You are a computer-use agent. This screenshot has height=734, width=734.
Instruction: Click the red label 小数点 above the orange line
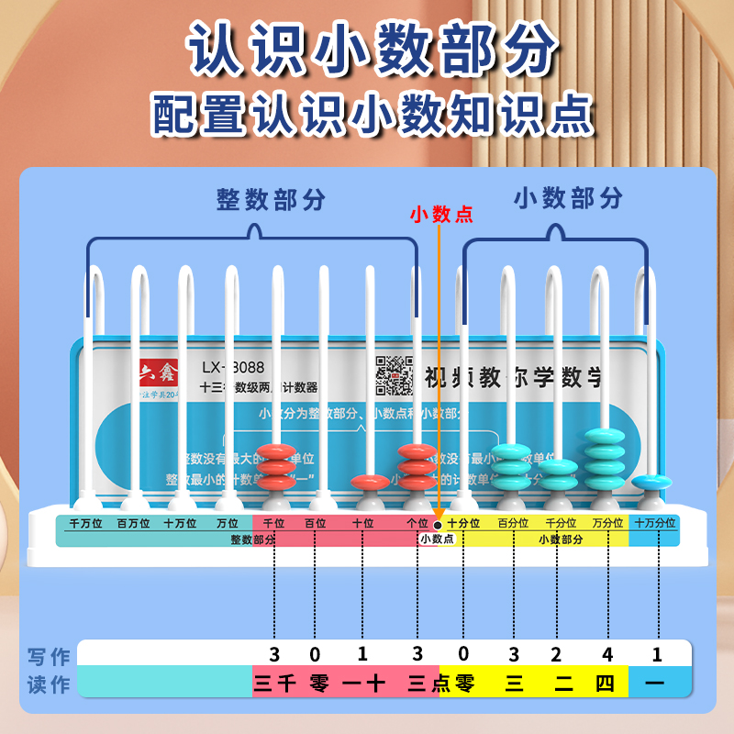coord(441,215)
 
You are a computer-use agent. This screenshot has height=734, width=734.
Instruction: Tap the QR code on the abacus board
coord(395,374)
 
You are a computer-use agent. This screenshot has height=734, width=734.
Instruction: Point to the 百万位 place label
coord(134,522)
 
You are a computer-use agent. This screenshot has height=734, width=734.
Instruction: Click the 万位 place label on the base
coord(227,522)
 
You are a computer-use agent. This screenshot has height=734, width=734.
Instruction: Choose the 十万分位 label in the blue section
coord(655,522)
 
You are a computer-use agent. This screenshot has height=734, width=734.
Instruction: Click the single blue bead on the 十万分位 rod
coord(651,481)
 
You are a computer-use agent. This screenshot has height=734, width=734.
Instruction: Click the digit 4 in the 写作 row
coord(606,654)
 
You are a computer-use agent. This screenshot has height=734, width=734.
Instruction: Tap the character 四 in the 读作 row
coord(605,682)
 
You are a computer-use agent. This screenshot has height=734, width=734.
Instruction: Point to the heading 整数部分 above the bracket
coord(271,199)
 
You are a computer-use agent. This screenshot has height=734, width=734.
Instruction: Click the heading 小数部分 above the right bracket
coord(568,197)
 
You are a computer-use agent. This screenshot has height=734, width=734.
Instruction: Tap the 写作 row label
coord(49,656)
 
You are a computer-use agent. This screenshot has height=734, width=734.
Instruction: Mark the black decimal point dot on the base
coord(438,523)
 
